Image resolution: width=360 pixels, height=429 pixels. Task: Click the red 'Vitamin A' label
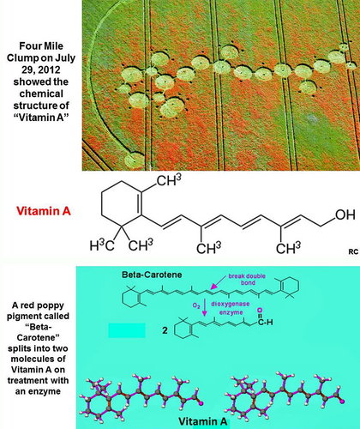44,211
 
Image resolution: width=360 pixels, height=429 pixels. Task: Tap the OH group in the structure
345,214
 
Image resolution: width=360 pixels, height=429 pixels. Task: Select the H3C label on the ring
102,245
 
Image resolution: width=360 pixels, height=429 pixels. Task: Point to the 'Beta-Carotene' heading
152,275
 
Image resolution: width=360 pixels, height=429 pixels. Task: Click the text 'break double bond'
247,279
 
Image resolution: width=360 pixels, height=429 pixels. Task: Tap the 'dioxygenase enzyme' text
231,308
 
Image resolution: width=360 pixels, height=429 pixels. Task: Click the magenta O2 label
196,305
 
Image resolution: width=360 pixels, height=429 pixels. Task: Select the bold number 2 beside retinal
165,330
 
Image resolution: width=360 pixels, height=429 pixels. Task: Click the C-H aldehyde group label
265,322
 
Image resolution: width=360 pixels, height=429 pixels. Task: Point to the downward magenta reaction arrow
204,307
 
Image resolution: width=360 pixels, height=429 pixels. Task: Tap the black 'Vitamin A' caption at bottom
203,421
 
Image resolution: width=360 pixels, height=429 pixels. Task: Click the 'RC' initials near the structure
353,252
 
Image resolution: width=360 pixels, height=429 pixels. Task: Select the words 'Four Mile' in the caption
41,46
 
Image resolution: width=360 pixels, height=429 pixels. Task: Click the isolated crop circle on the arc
135,160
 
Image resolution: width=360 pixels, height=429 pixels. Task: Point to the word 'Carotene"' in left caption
39,337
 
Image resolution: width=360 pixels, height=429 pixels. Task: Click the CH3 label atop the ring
169,180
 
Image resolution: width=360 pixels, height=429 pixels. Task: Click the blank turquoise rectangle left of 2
127,330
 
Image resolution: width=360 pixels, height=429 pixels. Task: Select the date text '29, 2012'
41,69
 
